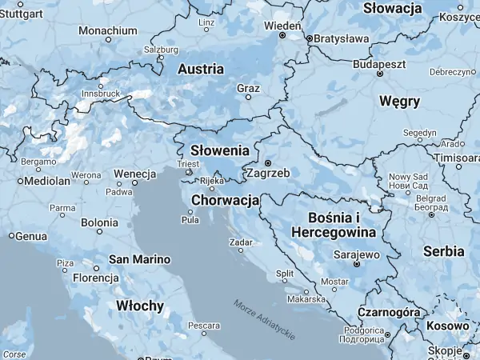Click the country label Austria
(201, 70)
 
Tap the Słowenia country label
(220, 150)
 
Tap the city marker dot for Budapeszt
(380, 74)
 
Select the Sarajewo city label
(355, 255)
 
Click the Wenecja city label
(134, 174)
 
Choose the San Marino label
(140, 259)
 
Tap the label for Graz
(248, 88)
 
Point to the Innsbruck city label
(100, 94)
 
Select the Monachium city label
(108, 30)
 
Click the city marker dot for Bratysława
(309, 38)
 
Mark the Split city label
(285, 274)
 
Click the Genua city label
(31, 236)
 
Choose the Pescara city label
(204, 326)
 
